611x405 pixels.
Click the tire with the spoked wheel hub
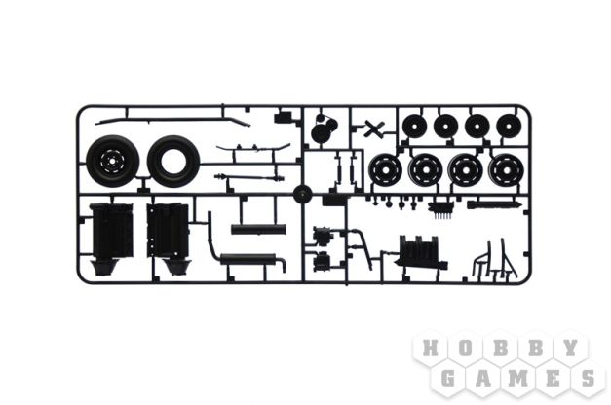(113, 160)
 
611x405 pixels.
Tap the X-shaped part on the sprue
(374, 129)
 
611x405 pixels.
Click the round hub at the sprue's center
(303, 194)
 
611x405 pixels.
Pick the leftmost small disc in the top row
(414, 127)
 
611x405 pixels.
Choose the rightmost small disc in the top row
(509, 127)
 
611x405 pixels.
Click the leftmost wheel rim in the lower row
(385, 170)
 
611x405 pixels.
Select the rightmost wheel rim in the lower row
(506, 170)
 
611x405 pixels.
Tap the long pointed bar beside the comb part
(494, 204)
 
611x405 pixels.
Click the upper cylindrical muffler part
(258, 229)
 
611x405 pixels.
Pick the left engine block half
(111, 239)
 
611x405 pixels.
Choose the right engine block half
(169, 239)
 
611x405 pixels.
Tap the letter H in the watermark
(430, 348)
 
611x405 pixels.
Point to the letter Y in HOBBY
(570, 348)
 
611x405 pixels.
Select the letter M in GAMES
(517, 378)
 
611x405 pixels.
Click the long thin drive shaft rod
(249, 178)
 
